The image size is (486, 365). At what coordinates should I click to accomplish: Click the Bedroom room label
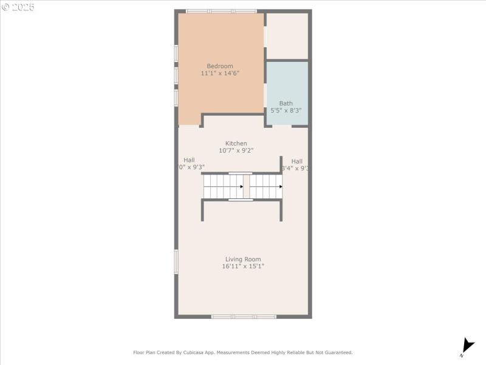pyautogui.click(x=219, y=66)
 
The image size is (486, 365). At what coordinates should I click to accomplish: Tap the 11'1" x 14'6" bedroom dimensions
pyautogui.click(x=219, y=73)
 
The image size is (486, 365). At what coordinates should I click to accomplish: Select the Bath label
pyautogui.click(x=286, y=103)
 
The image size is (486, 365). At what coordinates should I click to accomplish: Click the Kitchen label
pyautogui.click(x=236, y=144)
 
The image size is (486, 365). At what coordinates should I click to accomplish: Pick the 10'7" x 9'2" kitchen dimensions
pyautogui.click(x=236, y=150)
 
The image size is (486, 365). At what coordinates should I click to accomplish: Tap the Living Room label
pyautogui.click(x=243, y=259)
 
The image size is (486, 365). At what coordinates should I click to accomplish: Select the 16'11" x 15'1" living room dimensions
pyautogui.click(x=243, y=266)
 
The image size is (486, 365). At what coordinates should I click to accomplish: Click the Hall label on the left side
pyautogui.click(x=189, y=160)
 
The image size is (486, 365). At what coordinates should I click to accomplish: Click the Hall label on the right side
pyautogui.click(x=296, y=161)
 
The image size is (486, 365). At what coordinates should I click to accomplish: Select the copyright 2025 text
pyautogui.click(x=18, y=7)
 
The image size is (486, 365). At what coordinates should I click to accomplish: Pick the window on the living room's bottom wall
pyautogui.click(x=244, y=316)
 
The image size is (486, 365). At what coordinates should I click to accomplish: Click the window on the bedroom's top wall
pyautogui.click(x=221, y=11)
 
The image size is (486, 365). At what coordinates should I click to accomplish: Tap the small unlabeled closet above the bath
pyautogui.click(x=287, y=36)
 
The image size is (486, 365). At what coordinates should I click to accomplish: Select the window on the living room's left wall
pyautogui.click(x=176, y=261)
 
